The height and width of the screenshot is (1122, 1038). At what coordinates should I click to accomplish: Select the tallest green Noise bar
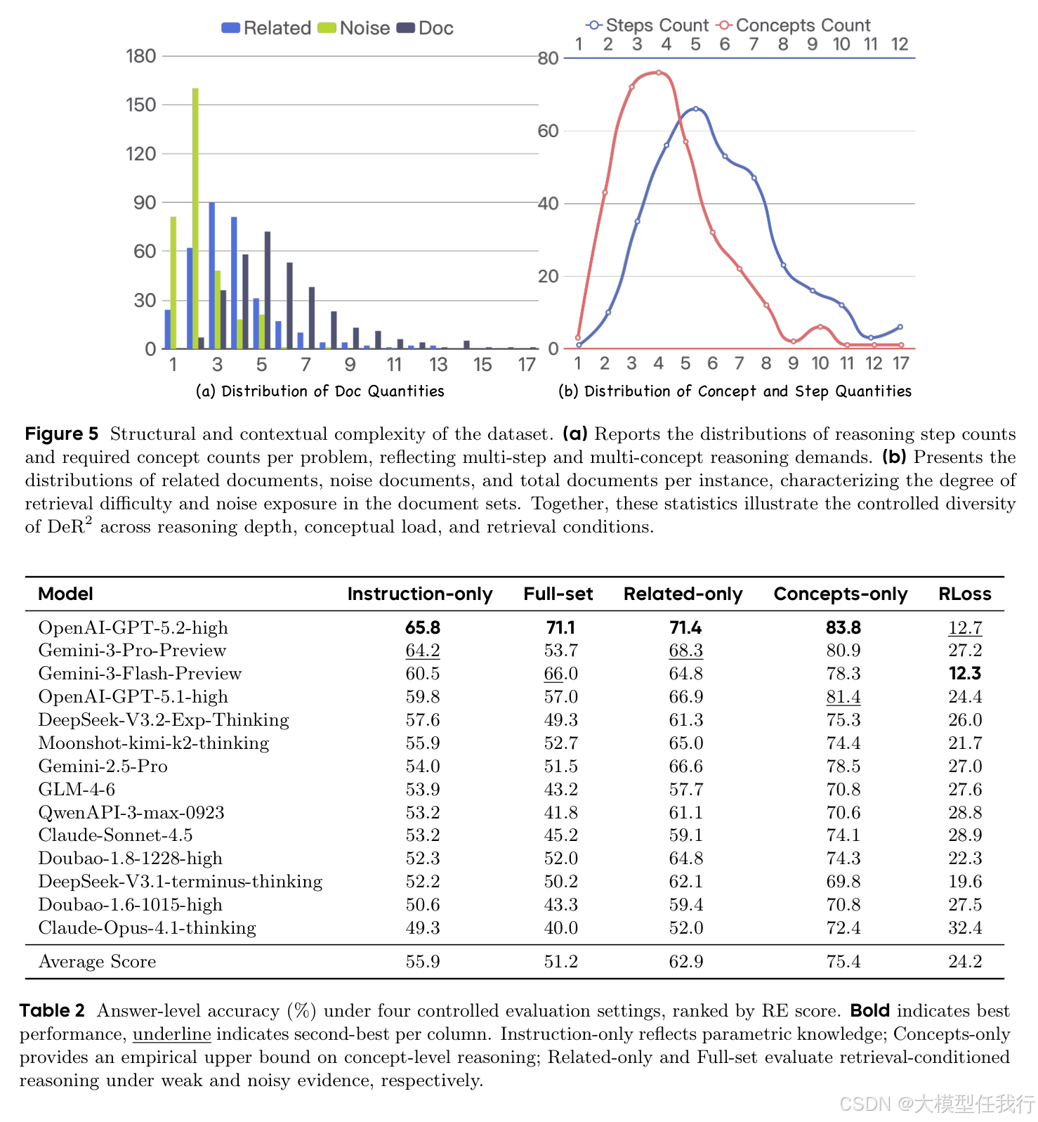tap(195, 218)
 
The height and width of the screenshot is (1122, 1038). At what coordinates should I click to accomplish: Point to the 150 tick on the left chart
tap(140, 105)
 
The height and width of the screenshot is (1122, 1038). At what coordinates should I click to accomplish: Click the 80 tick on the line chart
tap(548, 58)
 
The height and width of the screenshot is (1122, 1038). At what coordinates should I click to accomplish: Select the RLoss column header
tap(964, 594)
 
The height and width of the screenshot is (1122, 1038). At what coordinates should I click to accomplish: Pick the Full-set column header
tap(558, 594)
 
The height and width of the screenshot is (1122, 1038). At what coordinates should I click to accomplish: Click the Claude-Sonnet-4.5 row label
tap(115, 835)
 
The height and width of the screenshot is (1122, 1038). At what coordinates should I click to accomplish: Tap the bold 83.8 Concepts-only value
tap(843, 627)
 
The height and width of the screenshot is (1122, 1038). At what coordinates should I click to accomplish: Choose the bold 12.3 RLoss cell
tap(964, 674)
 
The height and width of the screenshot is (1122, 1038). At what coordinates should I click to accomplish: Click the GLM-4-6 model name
tap(77, 790)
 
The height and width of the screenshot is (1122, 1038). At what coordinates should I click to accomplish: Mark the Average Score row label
tap(97, 962)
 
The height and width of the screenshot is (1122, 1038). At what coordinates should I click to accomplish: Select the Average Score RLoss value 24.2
tap(964, 962)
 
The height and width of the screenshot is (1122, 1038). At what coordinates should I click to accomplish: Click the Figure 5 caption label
tap(62, 434)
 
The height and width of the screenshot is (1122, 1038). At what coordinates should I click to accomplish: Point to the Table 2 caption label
tap(52, 1011)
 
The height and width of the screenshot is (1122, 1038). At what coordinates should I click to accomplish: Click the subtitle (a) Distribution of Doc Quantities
tap(320, 391)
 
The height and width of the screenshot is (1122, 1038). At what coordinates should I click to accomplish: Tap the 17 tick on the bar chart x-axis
tap(527, 365)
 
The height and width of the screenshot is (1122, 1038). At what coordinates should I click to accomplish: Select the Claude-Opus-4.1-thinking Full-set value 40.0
tap(560, 928)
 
